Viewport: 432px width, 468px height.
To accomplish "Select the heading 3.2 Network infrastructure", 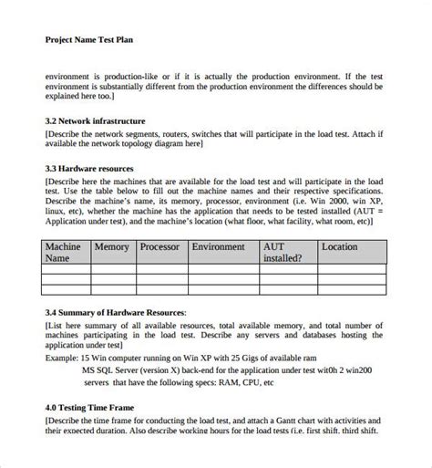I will click(95, 120).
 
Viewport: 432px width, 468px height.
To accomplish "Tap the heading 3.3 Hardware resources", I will click(89, 169).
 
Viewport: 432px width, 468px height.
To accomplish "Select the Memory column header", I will click(112, 247).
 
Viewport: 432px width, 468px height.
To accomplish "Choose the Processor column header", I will click(159, 247).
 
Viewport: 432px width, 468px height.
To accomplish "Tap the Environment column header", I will click(218, 247).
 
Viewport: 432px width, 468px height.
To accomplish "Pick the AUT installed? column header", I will click(285, 252).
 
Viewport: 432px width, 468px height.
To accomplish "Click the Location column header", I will click(340, 247).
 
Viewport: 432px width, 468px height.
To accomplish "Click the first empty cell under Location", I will click(352, 270).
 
